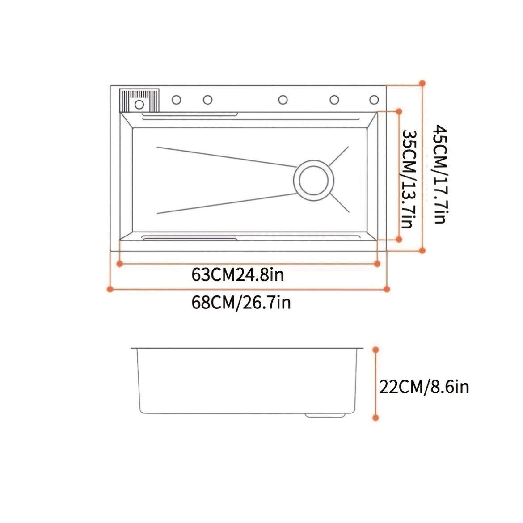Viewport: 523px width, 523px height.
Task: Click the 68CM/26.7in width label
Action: pyautogui.click(x=241, y=303)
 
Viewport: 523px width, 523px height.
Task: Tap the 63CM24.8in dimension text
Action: pyautogui.click(x=237, y=275)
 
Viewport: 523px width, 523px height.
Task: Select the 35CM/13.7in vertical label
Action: pyautogui.click(x=409, y=179)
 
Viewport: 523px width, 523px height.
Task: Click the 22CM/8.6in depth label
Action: pyautogui.click(x=424, y=387)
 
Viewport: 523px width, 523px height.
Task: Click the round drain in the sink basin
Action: pyautogui.click(x=313, y=180)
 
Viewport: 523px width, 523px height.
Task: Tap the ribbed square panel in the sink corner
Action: pyautogui.click(x=139, y=101)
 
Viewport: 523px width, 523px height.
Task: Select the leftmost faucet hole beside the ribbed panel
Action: pyautogui.click(x=177, y=100)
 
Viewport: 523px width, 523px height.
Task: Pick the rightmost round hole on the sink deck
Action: pyautogui.click(x=374, y=100)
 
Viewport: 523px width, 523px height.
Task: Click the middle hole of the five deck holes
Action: pyautogui.click(x=283, y=100)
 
